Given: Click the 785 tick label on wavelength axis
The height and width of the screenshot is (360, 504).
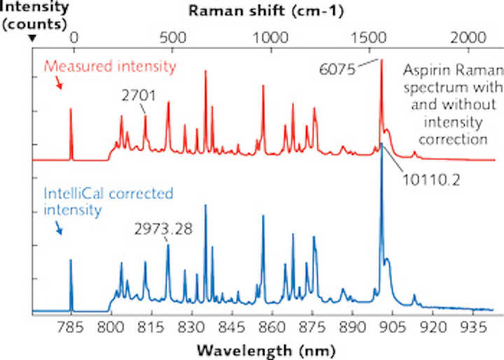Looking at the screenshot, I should pyautogui.click(x=70, y=326).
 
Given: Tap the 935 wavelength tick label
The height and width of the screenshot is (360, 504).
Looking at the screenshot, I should pyautogui.click(x=473, y=326).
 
